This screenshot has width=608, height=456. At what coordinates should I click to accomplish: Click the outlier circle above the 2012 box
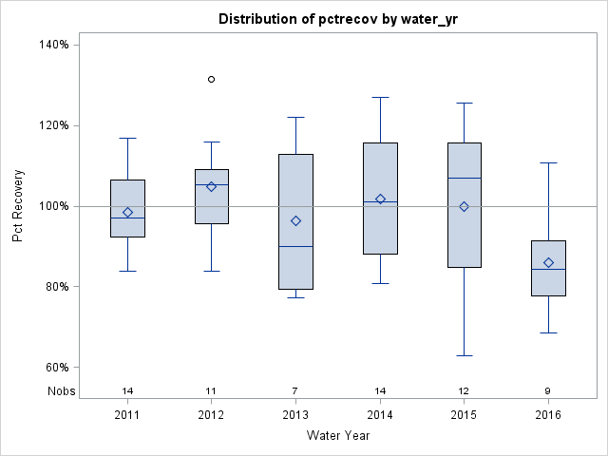coord(211,79)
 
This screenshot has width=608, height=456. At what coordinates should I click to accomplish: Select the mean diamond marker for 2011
coord(127,212)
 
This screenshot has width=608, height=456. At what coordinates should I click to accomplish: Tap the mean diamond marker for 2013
coord(295,220)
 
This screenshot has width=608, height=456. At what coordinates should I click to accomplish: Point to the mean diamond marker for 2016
coord(548,262)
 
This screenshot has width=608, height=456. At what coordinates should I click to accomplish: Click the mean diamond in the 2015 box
coord(464,206)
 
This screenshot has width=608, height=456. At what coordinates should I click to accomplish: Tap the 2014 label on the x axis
coord(380,414)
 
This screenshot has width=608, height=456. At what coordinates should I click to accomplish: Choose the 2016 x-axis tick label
coord(548,414)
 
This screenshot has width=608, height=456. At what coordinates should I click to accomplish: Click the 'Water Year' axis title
coord(337,436)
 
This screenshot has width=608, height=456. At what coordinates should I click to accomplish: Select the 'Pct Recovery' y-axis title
coord(19,206)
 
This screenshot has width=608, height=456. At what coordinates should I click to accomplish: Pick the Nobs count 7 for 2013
coord(295,390)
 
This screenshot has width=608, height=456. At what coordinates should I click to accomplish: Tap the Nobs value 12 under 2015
coord(464,390)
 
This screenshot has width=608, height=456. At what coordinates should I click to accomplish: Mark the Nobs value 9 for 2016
coord(548,390)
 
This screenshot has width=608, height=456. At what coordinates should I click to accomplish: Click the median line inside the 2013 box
coord(295,246)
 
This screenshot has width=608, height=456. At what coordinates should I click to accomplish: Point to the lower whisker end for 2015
coord(464,355)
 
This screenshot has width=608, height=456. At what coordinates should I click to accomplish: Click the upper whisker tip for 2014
coord(380,97)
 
